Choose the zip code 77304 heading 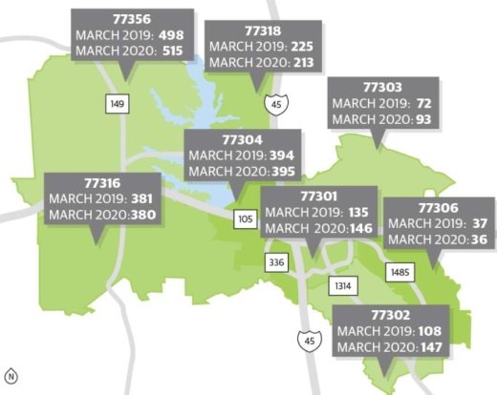point(244,138)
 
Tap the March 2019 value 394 point(284,155)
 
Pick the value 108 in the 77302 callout point(430,330)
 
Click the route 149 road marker point(116,102)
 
